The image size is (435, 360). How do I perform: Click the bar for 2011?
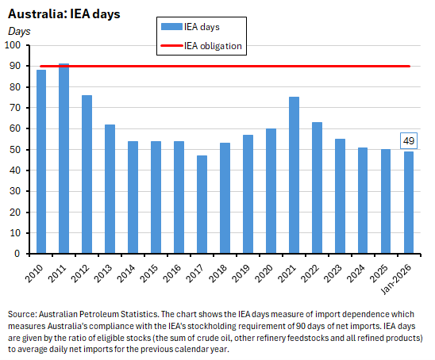click(64, 159)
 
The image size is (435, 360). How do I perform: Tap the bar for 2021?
click(294, 175)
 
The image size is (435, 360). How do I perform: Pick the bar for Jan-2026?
click(409, 202)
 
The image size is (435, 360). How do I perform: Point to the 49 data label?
click(410, 141)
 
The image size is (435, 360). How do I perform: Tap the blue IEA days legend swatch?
click(168, 28)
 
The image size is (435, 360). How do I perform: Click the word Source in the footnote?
click(21, 313)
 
